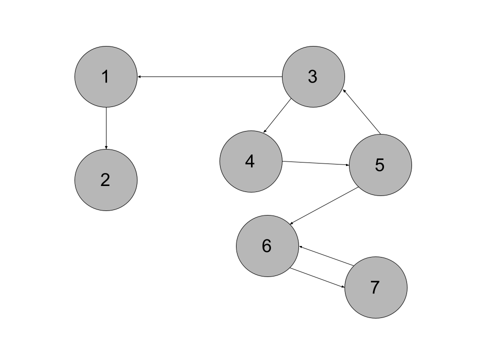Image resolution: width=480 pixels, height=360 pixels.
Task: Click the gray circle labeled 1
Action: [106, 76]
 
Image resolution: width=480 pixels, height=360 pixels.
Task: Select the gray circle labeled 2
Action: [106, 180]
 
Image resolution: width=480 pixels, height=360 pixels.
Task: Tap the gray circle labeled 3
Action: [313, 76]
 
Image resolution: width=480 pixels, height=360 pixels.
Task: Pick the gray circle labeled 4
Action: [251, 161]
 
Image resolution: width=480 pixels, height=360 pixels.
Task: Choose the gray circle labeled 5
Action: [380, 165]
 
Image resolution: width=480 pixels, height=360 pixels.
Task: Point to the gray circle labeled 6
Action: [267, 246]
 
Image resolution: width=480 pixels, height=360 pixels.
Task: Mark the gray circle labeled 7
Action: [376, 287]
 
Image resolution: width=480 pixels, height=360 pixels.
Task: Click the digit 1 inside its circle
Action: [105, 77]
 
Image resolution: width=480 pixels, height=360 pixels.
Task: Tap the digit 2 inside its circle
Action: [105, 180]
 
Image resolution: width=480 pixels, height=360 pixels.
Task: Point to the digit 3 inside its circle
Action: [312, 77]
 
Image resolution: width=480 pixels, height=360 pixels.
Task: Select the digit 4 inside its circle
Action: [250, 161]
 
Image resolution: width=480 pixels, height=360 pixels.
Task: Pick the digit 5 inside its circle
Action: [379, 165]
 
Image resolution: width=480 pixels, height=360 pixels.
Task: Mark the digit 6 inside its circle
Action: [266, 246]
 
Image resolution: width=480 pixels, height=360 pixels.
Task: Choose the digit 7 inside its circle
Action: [375, 287]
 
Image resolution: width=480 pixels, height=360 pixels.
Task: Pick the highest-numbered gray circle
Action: [376, 287]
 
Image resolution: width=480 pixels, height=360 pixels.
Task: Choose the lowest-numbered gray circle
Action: [106, 76]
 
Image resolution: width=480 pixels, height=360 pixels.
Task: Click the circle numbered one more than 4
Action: [380, 165]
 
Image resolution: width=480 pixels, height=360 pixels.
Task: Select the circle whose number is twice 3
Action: [267, 246]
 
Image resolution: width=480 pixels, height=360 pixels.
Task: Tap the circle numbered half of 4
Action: [106, 180]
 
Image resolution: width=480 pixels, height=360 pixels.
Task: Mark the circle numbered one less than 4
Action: [313, 76]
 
